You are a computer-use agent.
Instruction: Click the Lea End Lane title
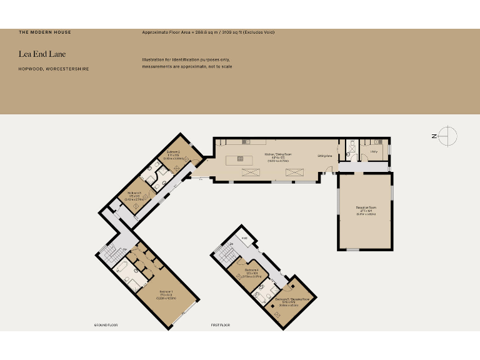click(42, 54)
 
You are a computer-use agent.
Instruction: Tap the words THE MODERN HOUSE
click(45, 32)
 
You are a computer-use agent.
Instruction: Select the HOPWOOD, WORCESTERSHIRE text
click(53, 69)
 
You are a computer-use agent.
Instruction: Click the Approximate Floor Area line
click(208, 32)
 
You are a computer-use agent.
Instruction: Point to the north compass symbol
click(448, 135)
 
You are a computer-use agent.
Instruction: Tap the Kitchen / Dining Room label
click(278, 154)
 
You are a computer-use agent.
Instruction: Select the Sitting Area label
click(324, 156)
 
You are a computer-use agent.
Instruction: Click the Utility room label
click(374, 152)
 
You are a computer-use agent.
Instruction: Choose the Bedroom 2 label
click(173, 152)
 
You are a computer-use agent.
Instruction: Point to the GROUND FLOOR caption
click(106, 326)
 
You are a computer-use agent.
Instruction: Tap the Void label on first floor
click(246, 238)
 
